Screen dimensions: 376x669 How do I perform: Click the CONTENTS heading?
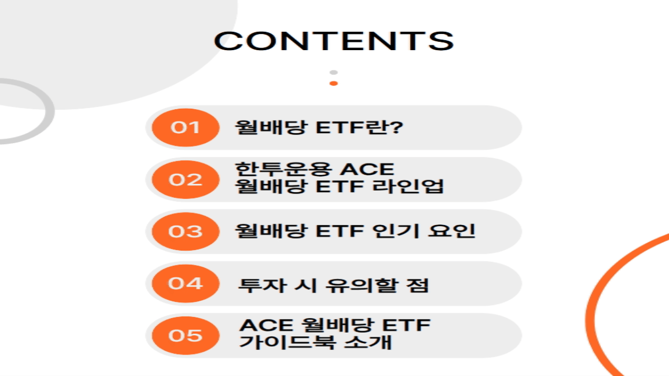(x=333, y=41)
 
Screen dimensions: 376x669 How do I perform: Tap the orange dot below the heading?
(x=333, y=84)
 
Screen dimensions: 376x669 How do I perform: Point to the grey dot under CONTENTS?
(x=333, y=72)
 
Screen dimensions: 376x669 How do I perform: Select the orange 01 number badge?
(x=185, y=127)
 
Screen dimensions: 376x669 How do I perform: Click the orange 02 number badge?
(x=185, y=180)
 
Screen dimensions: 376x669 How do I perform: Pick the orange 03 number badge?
(x=185, y=231)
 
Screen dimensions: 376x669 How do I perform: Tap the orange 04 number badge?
(x=185, y=284)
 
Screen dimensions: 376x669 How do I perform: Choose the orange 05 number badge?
(x=185, y=335)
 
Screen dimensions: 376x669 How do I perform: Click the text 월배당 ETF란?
(x=319, y=127)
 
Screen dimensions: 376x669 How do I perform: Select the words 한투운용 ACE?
(x=314, y=170)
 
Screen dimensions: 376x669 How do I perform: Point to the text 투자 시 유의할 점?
(x=334, y=285)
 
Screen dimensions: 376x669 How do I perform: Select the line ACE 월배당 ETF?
(x=335, y=326)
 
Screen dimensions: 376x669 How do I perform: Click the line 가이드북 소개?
(x=315, y=343)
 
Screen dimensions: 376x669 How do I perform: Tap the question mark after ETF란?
(x=397, y=127)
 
